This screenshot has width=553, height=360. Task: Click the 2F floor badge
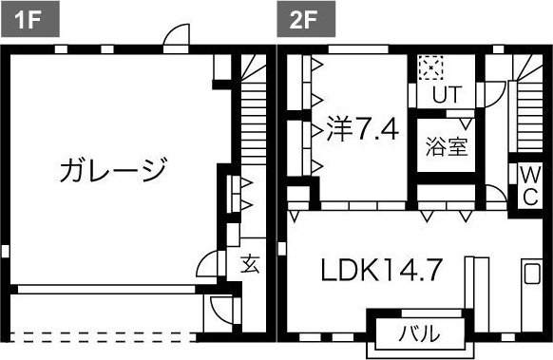tap(294, 18)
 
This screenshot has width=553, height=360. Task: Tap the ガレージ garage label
tap(113, 171)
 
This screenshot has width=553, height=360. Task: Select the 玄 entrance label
tap(249, 264)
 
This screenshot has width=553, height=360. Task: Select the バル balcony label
tap(417, 333)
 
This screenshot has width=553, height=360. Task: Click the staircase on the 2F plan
tap(525, 109)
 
